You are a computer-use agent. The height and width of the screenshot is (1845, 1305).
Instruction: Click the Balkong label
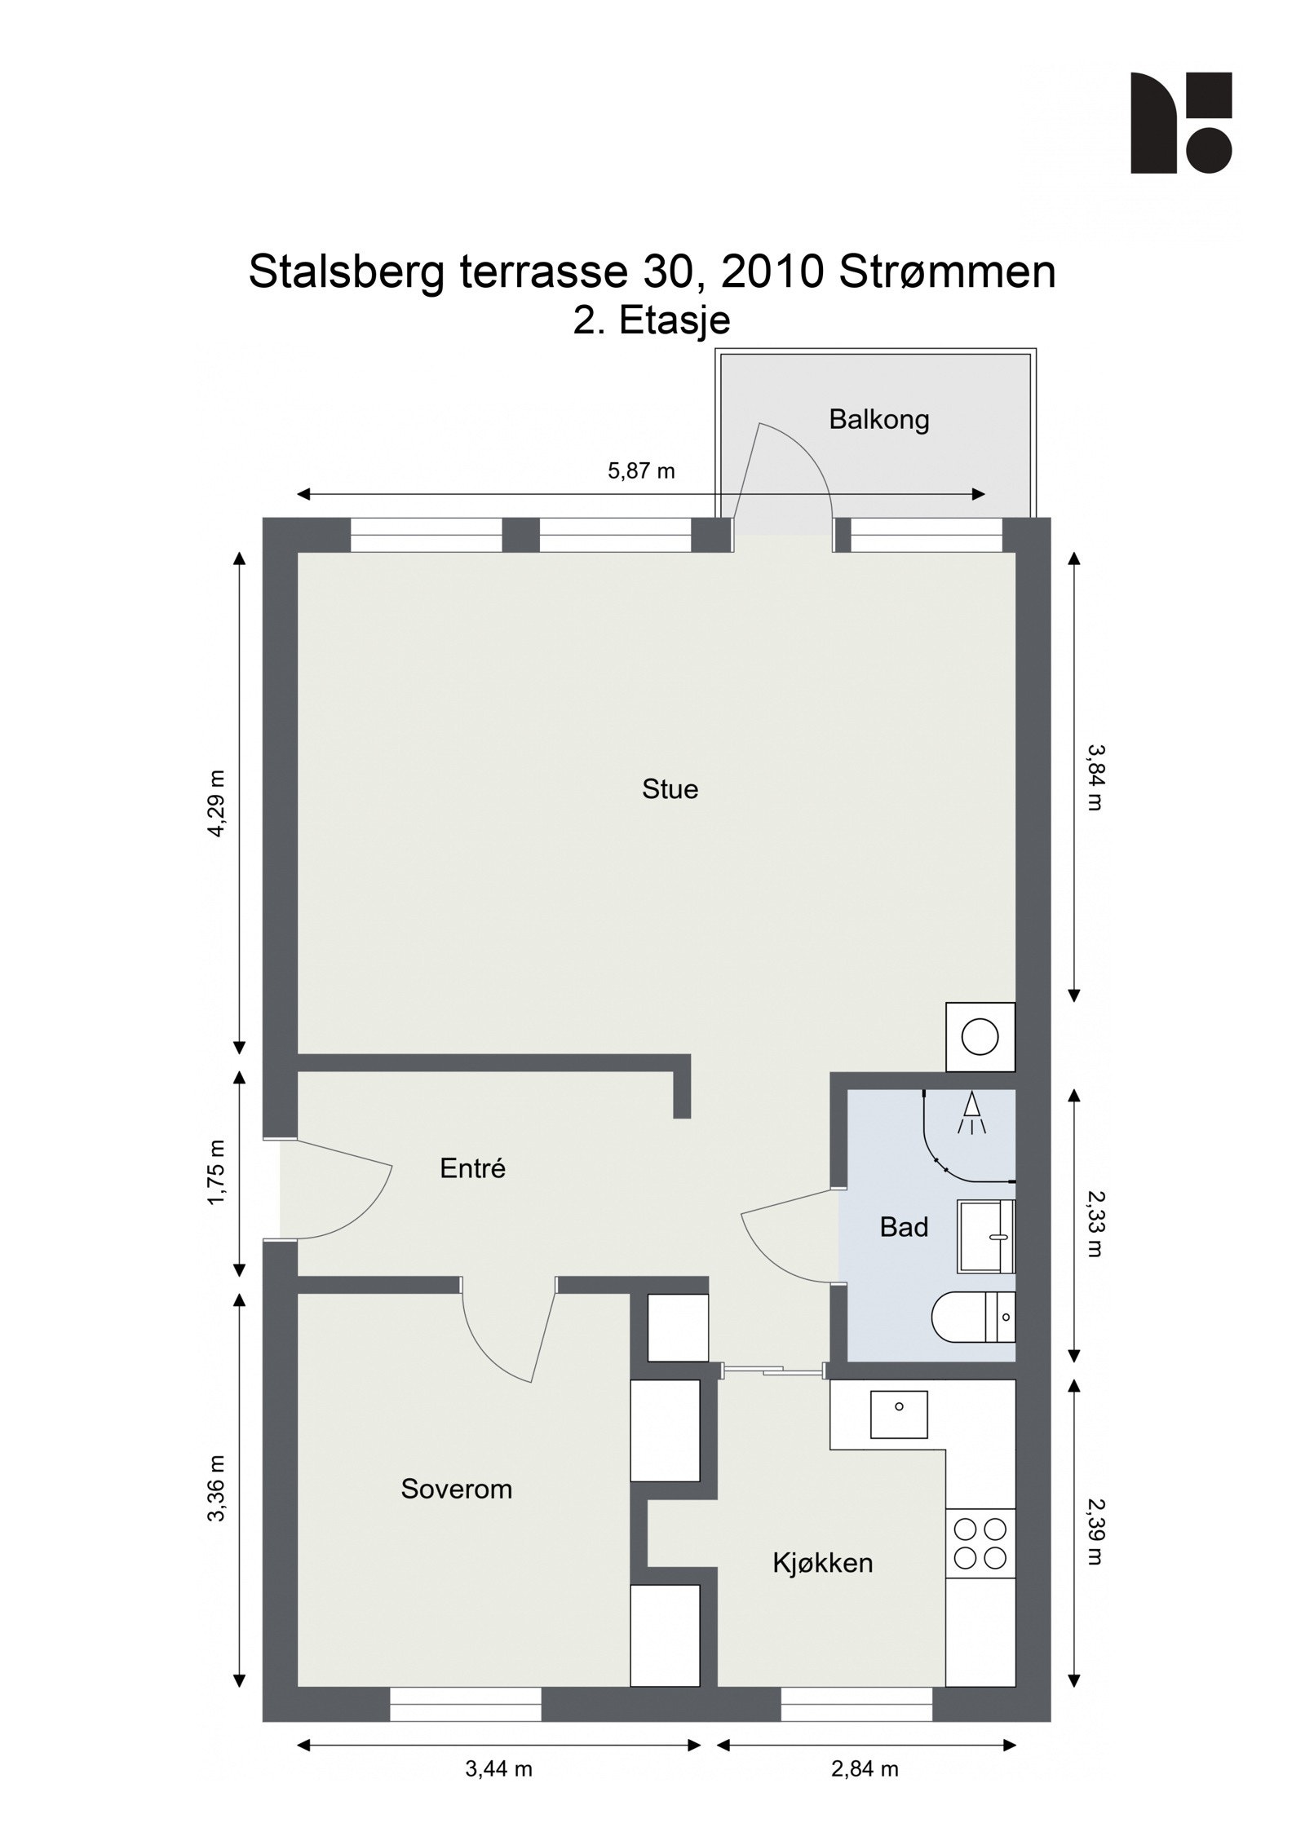click(878, 420)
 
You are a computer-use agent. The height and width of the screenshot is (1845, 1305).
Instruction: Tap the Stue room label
click(670, 789)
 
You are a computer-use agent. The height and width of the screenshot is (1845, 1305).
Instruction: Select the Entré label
click(472, 1168)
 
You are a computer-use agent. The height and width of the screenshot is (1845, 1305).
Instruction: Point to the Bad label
click(904, 1227)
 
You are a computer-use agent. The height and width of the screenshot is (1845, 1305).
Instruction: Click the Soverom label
click(456, 1490)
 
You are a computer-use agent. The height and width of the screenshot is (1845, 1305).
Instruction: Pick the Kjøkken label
click(822, 1563)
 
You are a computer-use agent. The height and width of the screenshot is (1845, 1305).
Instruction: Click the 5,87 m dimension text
click(641, 471)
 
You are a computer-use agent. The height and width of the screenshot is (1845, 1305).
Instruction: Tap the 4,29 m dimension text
click(217, 803)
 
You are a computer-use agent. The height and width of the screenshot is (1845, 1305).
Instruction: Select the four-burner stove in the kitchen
click(980, 1543)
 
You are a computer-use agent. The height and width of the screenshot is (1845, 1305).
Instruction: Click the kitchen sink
click(899, 1415)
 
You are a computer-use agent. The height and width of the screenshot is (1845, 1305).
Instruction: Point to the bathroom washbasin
click(984, 1237)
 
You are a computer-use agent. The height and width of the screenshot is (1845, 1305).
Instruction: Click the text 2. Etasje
click(651, 320)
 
